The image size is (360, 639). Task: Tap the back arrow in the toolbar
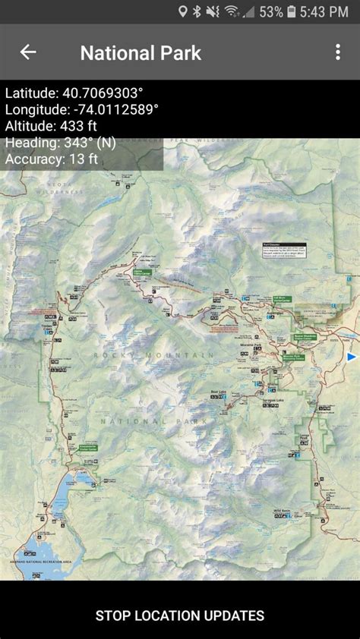(28, 52)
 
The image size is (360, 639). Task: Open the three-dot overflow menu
(338, 52)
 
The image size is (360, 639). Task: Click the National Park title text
(141, 52)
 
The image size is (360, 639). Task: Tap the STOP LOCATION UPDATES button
(180, 615)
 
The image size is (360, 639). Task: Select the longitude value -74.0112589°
(113, 109)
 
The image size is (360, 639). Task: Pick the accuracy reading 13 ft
(83, 159)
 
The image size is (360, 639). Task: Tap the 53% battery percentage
(271, 11)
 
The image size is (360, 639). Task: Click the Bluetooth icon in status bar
(197, 11)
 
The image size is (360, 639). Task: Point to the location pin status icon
(182, 11)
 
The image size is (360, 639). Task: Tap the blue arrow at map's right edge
(352, 356)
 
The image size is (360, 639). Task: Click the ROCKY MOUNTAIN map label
(153, 355)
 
